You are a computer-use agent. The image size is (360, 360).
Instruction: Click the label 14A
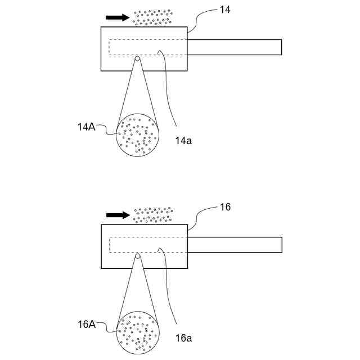click(86, 127)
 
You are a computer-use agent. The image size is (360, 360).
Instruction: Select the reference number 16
click(225, 207)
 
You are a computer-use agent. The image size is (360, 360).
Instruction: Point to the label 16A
click(87, 324)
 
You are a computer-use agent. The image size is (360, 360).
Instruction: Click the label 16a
click(183, 338)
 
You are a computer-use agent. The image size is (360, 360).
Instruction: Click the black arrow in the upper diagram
click(117, 17)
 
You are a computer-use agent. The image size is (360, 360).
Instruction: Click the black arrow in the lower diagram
click(117, 215)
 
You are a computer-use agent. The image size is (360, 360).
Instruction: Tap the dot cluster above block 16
click(153, 214)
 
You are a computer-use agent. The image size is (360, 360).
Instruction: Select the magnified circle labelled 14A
click(137, 135)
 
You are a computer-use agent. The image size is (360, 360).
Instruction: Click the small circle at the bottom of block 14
click(137, 58)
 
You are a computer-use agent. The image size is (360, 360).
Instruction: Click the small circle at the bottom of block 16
click(137, 256)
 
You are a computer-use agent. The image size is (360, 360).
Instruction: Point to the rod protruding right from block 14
click(234, 47)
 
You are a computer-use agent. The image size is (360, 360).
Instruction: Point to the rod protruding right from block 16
click(234, 245)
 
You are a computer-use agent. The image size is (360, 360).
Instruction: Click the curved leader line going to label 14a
click(169, 90)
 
